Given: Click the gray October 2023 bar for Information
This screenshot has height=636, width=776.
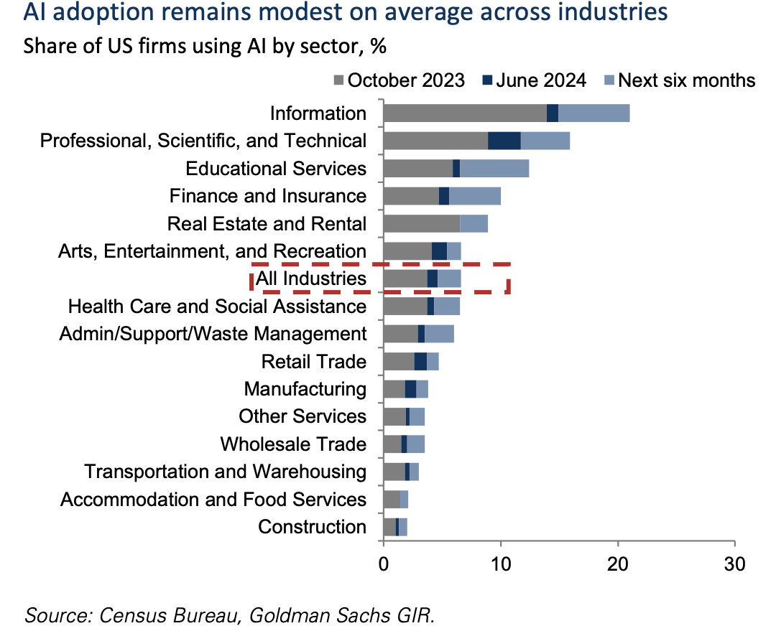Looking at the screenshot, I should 464,113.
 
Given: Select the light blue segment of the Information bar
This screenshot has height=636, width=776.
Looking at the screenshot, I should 593,113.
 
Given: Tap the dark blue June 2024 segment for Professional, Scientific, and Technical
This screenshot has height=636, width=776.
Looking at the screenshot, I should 504,141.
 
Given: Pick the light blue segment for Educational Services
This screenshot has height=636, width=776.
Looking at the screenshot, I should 494,169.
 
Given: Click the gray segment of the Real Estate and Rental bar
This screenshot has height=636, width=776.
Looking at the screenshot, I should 421,223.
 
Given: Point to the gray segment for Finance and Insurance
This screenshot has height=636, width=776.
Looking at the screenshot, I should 410,196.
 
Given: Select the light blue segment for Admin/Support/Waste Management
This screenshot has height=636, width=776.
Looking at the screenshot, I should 439,334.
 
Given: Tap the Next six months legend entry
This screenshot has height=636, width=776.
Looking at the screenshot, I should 678,80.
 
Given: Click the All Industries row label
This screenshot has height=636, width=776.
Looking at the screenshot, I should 311,279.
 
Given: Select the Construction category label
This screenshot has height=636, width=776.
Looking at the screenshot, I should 312,527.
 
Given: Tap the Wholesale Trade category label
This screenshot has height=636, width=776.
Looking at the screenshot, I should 293,444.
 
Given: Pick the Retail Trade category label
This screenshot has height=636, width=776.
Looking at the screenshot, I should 313,362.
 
